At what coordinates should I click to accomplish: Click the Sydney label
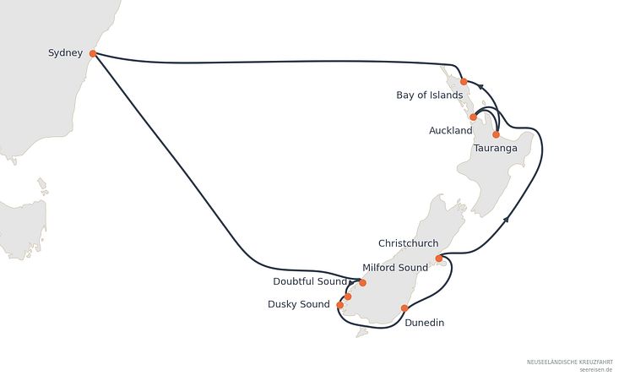click(65, 53)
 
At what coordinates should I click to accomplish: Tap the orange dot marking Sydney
click(93, 53)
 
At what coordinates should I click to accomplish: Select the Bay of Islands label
click(429, 95)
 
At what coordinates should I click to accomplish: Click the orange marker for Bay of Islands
click(464, 81)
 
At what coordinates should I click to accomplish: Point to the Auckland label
click(450, 130)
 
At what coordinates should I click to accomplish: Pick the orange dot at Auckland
click(473, 117)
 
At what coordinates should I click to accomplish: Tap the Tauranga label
click(496, 149)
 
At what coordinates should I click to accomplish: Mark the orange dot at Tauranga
click(497, 134)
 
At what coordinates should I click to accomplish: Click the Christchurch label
click(408, 243)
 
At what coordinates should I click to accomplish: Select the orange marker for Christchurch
click(439, 259)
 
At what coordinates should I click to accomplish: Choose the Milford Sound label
click(395, 268)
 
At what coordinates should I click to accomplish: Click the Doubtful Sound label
click(310, 281)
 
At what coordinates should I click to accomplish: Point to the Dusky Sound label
click(298, 304)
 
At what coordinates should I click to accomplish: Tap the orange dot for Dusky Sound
click(339, 305)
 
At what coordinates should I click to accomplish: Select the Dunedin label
click(424, 323)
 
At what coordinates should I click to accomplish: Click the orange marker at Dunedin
click(404, 308)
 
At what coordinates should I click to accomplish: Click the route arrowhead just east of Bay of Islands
click(480, 86)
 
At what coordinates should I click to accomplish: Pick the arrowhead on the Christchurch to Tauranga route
click(506, 220)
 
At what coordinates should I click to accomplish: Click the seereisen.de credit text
click(595, 370)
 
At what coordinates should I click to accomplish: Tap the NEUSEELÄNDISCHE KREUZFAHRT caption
click(570, 362)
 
